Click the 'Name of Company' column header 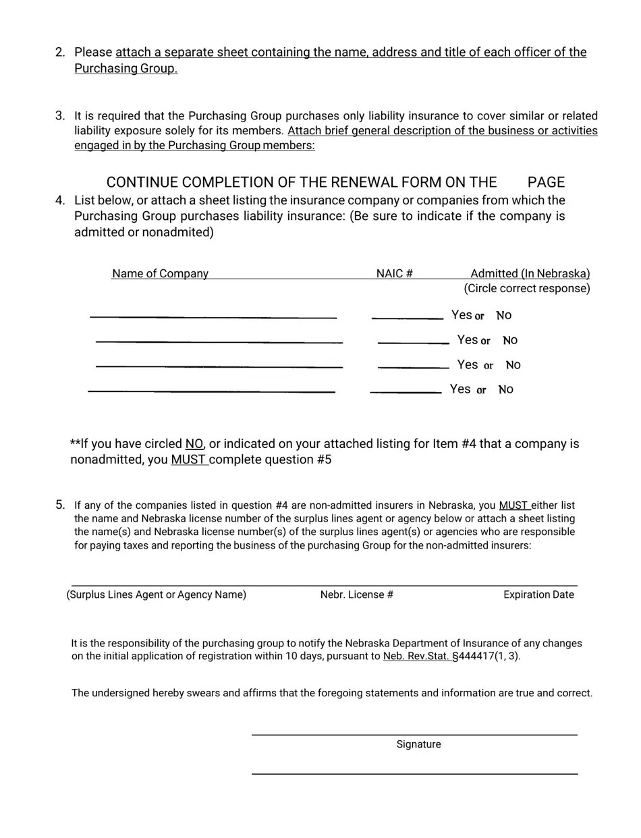(160, 274)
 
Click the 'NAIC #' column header (394, 274)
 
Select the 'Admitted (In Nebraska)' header (530, 274)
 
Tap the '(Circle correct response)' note (526, 289)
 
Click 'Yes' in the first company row (462, 315)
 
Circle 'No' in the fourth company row (505, 389)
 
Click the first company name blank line (213, 316)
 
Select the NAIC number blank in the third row (413, 367)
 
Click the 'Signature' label (418, 745)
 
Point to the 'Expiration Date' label (538, 595)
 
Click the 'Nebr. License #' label (356, 595)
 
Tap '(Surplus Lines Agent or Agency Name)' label (157, 595)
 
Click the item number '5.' (60, 505)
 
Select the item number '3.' (60, 116)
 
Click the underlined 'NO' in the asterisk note (194, 444)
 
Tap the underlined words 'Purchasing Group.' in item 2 (126, 69)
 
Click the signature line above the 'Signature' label (414, 734)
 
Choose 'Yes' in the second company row (467, 340)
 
